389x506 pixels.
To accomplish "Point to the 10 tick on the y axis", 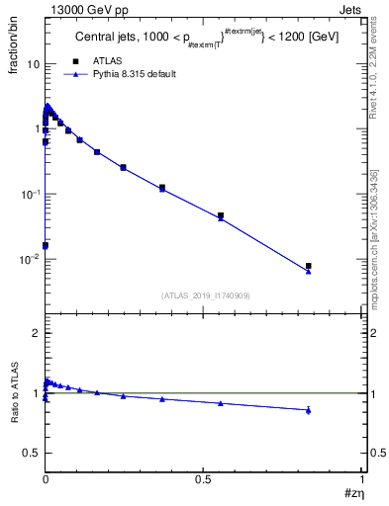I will click(x=32, y=63).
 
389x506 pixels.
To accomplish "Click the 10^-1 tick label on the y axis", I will click(x=29, y=194).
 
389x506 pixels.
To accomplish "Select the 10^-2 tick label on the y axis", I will click(x=29, y=259).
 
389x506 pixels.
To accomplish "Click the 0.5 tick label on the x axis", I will click(x=204, y=478).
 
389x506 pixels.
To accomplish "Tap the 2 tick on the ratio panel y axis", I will click(x=35, y=334).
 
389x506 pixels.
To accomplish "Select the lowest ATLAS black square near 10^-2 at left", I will click(x=46, y=245).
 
